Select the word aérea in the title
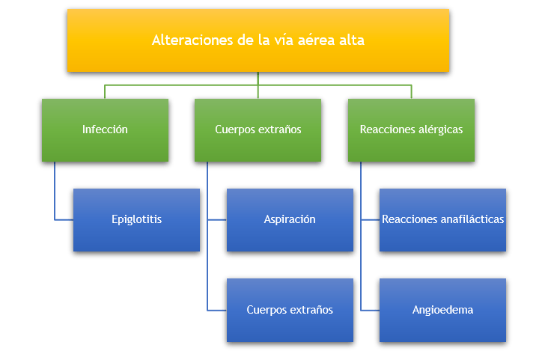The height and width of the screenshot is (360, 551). click(315, 40)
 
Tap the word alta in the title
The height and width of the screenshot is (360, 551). click(351, 40)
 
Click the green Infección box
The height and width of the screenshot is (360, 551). click(105, 129)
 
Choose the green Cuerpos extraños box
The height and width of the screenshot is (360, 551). click(258, 129)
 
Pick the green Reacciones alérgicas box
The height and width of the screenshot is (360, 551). click(411, 129)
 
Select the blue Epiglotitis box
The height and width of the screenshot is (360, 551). click(136, 220)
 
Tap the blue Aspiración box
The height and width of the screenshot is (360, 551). click(290, 220)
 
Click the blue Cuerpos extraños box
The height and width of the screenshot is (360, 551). click(290, 310)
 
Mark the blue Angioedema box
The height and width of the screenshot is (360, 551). click(442, 310)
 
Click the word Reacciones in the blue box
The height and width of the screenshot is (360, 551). click(407, 220)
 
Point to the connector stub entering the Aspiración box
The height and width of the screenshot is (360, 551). click(217, 220)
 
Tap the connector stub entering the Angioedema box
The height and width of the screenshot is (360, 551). click(370, 310)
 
